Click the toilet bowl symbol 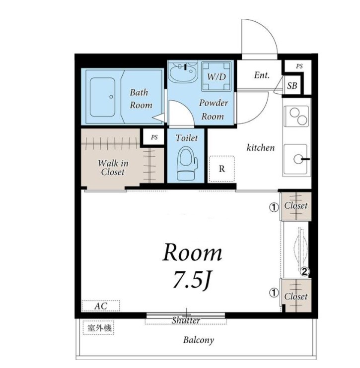187,164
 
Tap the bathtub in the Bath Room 102,97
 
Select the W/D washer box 216,76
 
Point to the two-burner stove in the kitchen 296,117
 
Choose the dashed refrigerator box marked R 221,169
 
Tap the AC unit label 101,306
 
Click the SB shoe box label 292,86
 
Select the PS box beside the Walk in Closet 153,137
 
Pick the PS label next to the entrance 299,66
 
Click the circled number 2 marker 304,272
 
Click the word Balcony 199,340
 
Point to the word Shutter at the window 186,320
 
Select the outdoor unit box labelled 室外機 99,328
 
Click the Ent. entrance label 262,75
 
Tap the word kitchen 260,148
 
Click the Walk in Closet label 113,168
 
